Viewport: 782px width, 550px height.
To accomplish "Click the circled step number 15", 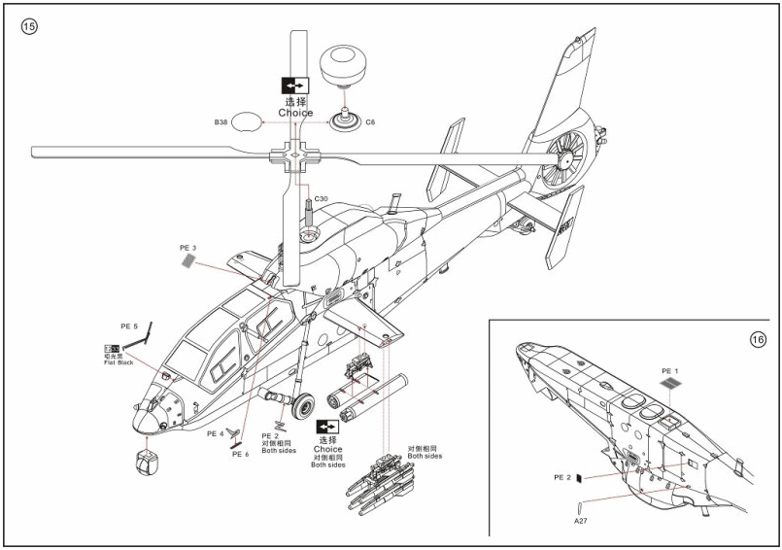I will (x=28, y=27).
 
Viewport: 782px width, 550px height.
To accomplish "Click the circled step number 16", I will (x=759, y=339).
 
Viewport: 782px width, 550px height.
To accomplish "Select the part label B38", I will (x=221, y=123).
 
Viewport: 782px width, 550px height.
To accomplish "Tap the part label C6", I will (x=370, y=123).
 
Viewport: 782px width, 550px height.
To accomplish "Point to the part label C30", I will (x=321, y=199).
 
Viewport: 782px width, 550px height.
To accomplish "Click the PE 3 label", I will (x=187, y=248).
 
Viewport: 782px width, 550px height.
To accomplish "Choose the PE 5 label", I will (x=129, y=327).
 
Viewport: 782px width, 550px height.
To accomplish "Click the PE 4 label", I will (x=215, y=433).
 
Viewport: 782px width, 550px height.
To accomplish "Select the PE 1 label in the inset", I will (x=671, y=370).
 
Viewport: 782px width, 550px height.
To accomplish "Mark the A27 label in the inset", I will (x=580, y=522).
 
